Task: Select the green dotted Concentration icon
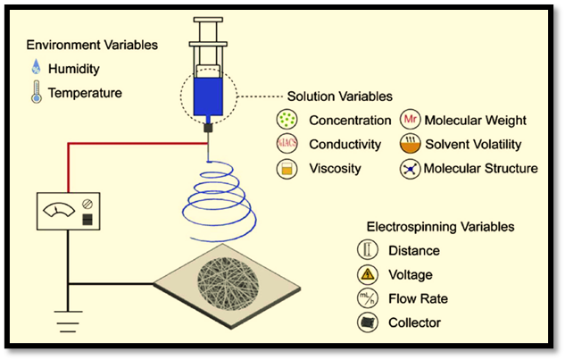[287, 120]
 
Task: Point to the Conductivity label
[345, 144]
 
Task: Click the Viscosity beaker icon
[287, 168]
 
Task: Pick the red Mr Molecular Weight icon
[411, 120]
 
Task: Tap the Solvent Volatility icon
[411, 144]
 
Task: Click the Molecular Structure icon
[411, 168]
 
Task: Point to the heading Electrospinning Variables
[440, 227]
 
